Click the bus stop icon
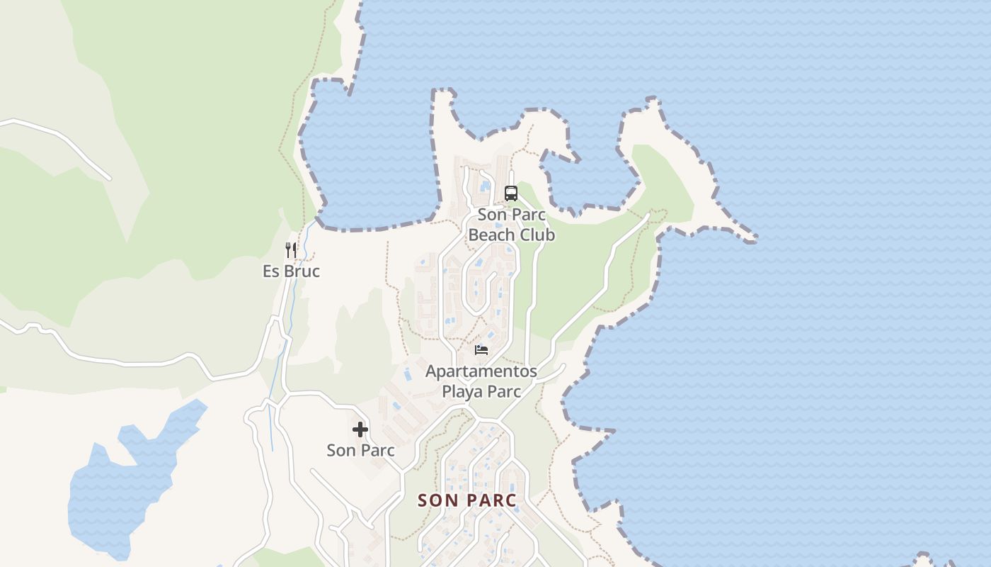tap(510, 193)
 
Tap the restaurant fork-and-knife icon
tap(290, 249)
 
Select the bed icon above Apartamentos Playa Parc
tap(481, 349)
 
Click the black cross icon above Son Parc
tap(360, 429)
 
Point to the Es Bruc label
tap(291, 271)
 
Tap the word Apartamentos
tap(481, 371)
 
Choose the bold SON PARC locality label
tap(467, 500)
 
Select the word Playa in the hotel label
tap(462, 391)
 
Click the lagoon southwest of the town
tap(120, 489)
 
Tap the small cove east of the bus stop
tap(588, 181)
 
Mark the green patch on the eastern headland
tap(662, 181)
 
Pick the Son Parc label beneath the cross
tap(360, 450)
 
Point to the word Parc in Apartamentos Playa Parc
tap(503, 391)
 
